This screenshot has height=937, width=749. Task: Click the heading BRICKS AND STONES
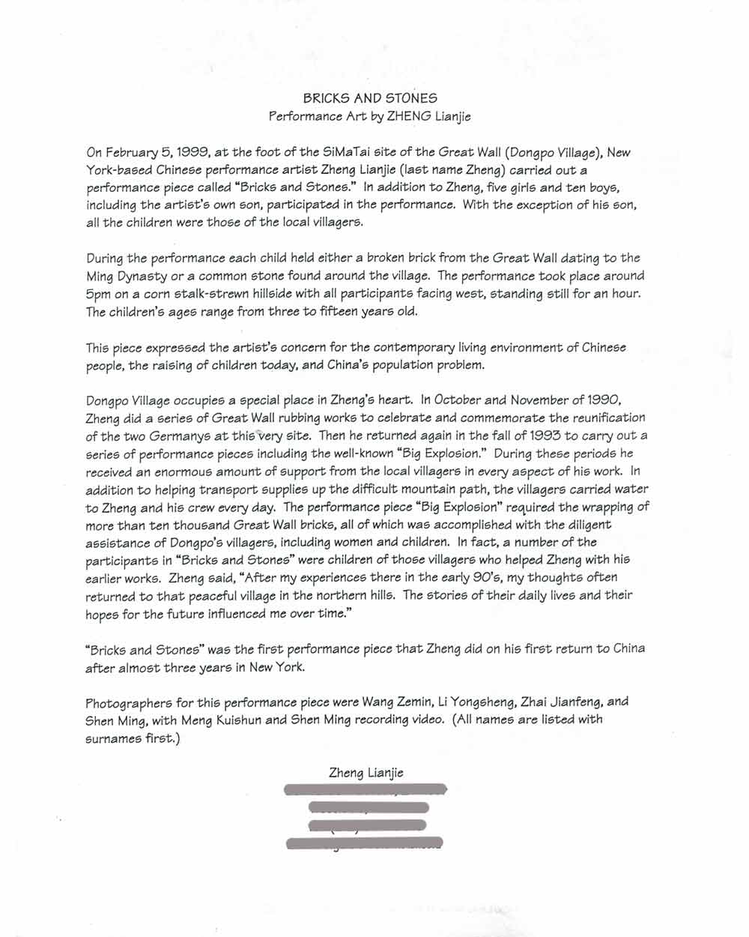(x=370, y=98)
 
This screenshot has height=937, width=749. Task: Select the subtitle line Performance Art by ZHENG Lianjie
(x=370, y=117)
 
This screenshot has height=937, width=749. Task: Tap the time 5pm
(x=98, y=294)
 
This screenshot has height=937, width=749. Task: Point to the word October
(x=458, y=400)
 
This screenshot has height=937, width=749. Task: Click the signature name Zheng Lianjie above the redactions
(x=366, y=773)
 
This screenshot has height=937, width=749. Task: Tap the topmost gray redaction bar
(x=366, y=789)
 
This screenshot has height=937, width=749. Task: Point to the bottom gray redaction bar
(x=365, y=844)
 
